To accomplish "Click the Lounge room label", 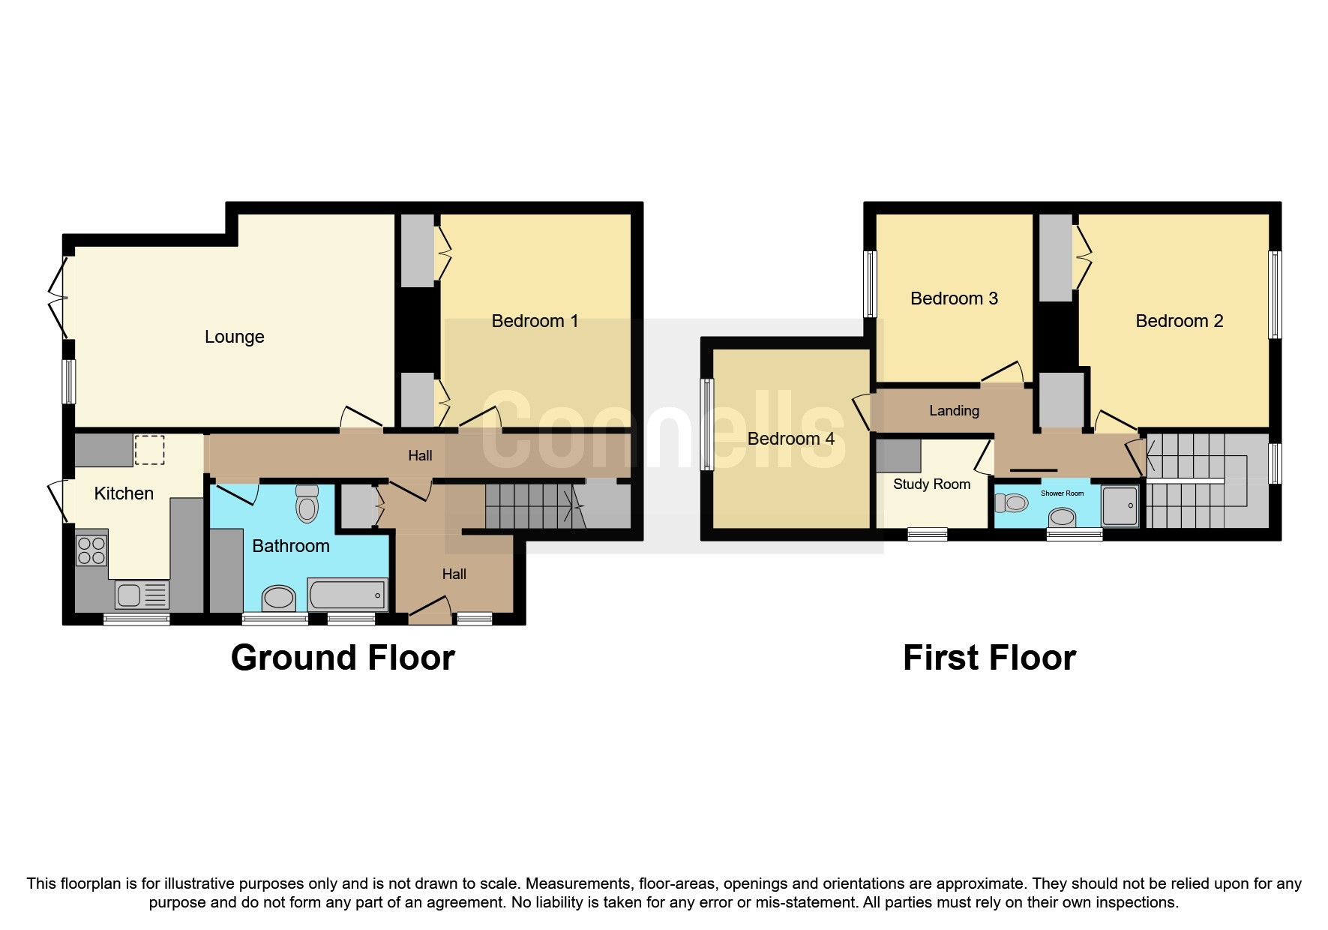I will [x=234, y=337].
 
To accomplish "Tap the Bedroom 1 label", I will [x=535, y=321].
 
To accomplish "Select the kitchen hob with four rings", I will [x=91, y=550].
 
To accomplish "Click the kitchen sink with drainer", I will [x=142, y=595].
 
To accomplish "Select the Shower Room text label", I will [x=1062, y=493].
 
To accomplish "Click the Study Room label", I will [x=931, y=484].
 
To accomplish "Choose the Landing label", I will [x=954, y=410].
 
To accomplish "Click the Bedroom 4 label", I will [x=790, y=439].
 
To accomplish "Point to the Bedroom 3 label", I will [x=954, y=298].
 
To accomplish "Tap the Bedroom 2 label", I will [x=1179, y=321].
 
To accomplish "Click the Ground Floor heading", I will [x=343, y=658].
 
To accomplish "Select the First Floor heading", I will [x=989, y=658].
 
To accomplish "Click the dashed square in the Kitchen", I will [x=149, y=450].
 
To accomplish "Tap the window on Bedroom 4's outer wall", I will [x=706, y=424].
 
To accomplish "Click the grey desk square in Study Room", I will [x=898, y=455].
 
